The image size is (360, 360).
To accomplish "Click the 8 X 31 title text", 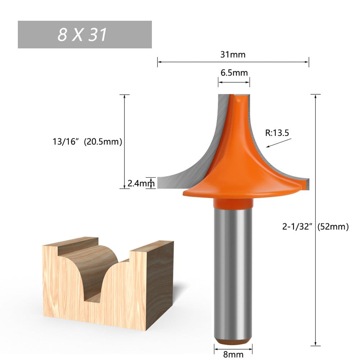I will coord(82,35).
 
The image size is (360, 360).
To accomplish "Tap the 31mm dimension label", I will coord(233,55).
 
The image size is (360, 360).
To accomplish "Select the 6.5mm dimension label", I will coord(234,73).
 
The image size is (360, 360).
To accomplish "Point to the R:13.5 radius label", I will coord(277,133).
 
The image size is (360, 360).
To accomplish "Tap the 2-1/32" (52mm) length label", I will coord(315,227).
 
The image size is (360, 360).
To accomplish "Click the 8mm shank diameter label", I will coord(233,354).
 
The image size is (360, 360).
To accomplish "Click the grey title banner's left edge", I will coord(19,35).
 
